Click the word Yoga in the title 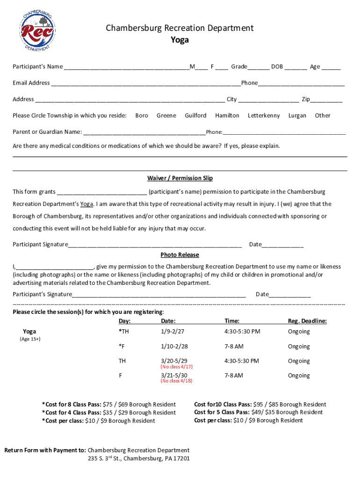[180, 40]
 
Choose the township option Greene [166, 116]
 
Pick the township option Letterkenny [264, 116]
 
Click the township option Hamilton [227, 116]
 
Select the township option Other [322, 116]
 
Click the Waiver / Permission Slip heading [180, 178]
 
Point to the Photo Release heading [180, 255]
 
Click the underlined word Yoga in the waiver [86, 204]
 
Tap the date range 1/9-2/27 [173, 332]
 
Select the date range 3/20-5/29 [174, 361]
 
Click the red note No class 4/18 [176, 381]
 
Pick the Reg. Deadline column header [307, 321]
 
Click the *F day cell [122, 347]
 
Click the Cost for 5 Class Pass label [222, 412]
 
